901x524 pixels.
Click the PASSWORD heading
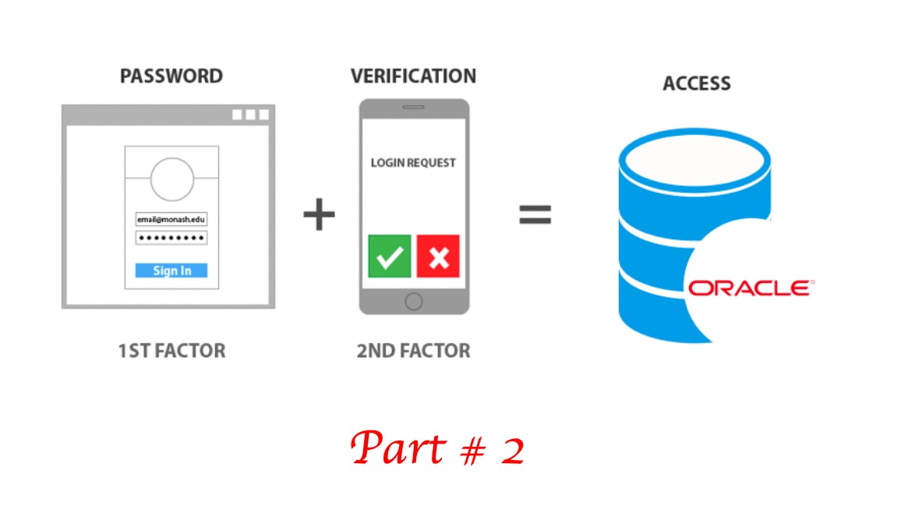pyautogui.click(x=171, y=76)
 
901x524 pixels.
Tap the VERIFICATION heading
pyautogui.click(x=413, y=76)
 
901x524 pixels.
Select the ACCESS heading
pyautogui.click(x=696, y=83)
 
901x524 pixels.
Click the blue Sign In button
pyautogui.click(x=171, y=271)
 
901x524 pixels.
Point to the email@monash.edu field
pyautogui.click(x=171, y=220)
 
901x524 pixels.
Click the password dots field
pyautogui.click(x=171, y=238)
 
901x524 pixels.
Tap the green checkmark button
pyautogui.click(x=389, y=256)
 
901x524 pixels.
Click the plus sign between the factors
pyautogui.click(x=318, y=214)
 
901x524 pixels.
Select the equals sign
pyautogui.click(x=535, y=214)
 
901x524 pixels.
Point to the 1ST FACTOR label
pyautogui.click(x=171, y=351)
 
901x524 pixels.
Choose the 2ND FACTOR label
pyautogui.click(x=413, y=351)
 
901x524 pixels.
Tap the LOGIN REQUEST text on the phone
pyautogui.click(x=413, y=163)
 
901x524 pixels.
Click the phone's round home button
pyautogui.click(x=414, y=301)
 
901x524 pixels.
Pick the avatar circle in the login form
pyautogui.click(x=171, y=179)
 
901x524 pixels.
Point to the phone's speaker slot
pyautogui.click(x=414, y=108)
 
